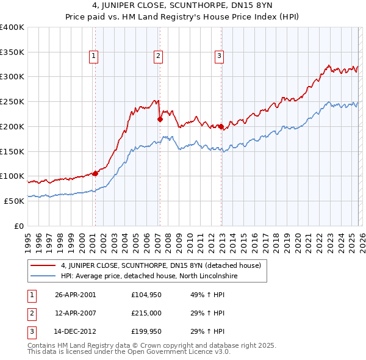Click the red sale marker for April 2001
click(x=95, y=173)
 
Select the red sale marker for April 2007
click(x=160, y=120)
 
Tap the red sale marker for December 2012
click(x=221, y=127)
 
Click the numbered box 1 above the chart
click(x=94, y=56)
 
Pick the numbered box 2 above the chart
click(x=158, y=56)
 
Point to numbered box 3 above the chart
click(x=219, y=56)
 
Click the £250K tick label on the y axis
click(x=12, y=102)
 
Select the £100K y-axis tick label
click(x=12, y=176)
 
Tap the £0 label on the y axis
click(x=18, y=226)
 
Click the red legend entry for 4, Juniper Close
click(x=160, y=265)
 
